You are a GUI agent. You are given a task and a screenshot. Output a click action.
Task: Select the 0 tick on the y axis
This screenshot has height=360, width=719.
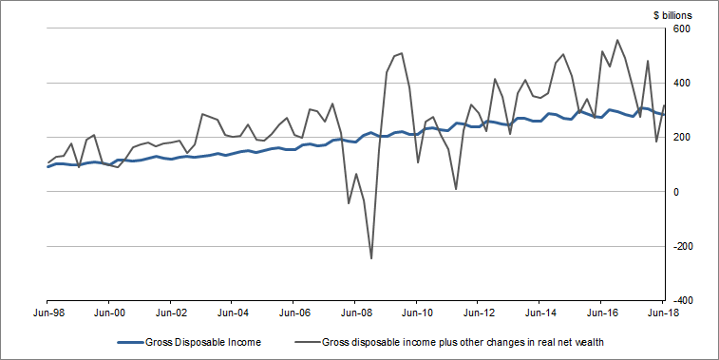coord(677,192)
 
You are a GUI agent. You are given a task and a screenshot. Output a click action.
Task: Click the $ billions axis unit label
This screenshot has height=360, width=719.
coord(679,15)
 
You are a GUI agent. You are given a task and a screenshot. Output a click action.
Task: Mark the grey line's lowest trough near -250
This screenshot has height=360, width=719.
coord(371,258)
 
